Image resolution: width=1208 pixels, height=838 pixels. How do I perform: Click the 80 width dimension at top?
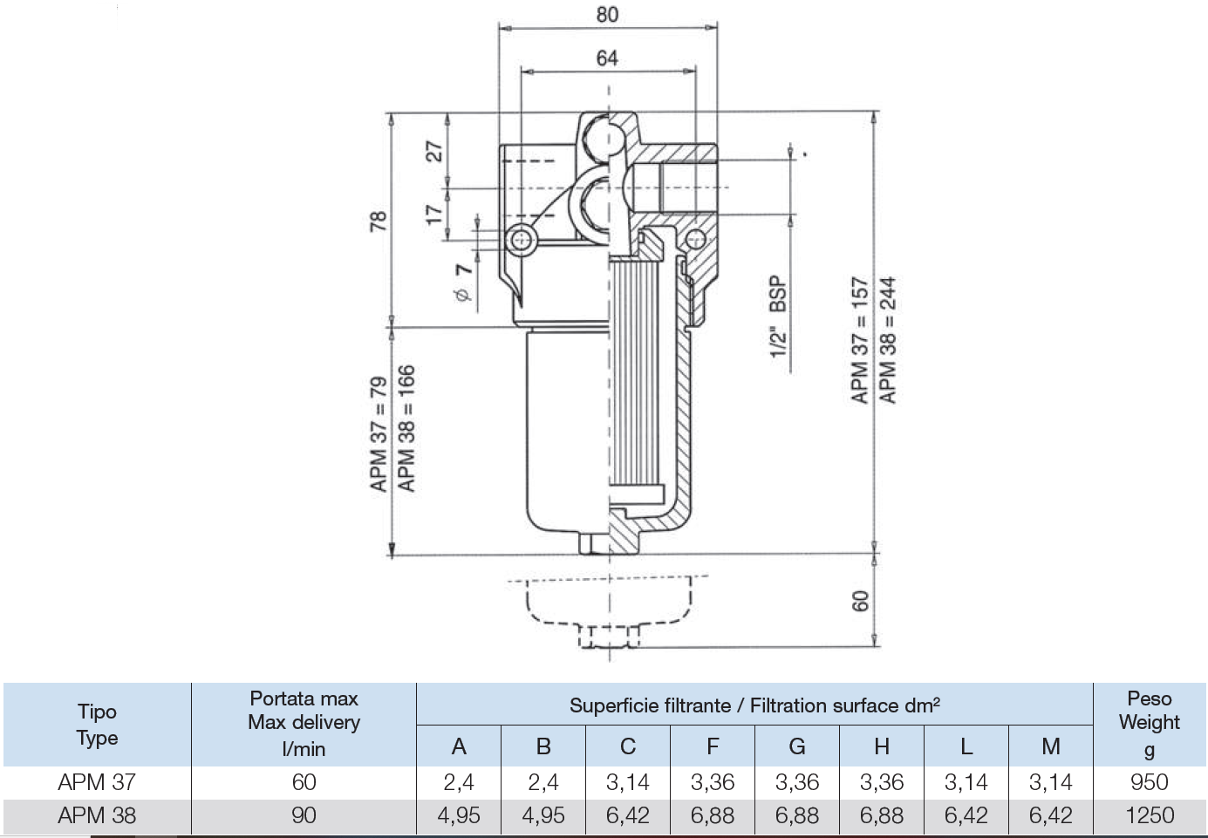pos(607,15)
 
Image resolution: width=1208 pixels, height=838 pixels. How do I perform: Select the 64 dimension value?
pos(607,58)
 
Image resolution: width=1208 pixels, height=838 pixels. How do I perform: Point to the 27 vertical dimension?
pos(434,152)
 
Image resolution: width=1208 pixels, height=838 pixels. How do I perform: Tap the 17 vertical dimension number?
pos(433,215)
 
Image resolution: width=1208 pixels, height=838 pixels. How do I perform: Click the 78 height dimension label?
pos(378,221)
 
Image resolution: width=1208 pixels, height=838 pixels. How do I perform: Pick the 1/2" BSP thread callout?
pos(778,317)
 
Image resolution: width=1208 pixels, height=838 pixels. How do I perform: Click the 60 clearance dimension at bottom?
pos(861,602)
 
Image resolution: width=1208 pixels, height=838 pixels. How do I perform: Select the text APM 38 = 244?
pos(888,340)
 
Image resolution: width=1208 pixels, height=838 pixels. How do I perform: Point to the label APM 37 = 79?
pos(379,434)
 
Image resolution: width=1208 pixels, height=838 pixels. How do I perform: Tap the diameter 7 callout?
pos(463,283)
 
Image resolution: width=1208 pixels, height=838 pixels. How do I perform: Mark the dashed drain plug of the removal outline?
pos(610,637)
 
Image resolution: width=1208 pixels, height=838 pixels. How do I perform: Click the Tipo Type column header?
pos(97,725)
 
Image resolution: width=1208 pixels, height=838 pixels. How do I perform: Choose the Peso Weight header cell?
pos(1150,724)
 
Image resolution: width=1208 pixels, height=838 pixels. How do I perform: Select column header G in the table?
pos(797,746)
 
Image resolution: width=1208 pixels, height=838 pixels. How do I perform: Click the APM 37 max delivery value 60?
pos(304,782)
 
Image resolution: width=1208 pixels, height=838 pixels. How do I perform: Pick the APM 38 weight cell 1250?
pos(1150,816)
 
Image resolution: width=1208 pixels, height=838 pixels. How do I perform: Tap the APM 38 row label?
pos(97,816)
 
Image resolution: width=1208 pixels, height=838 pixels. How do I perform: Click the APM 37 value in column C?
pos(628,782)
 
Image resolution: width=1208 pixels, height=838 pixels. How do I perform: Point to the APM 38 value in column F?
pos(713,816)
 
